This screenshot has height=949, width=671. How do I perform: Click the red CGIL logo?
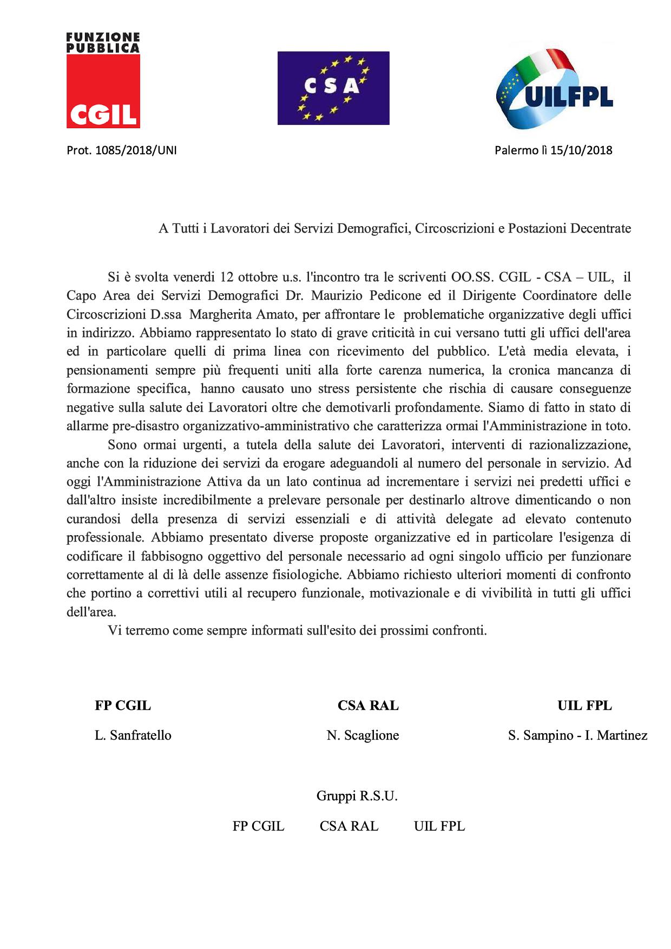[103, 81]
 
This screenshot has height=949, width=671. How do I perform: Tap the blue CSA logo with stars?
[333, 88]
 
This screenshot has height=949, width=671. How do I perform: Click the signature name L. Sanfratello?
[133, 735]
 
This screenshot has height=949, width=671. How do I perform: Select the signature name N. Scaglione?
[363, 735]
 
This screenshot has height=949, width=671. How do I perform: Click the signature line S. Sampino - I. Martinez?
[578, 735]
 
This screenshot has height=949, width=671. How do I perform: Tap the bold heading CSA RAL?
[368, 706]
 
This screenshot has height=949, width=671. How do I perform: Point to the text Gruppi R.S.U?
[357, 796]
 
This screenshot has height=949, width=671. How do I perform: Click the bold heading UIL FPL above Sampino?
[585, 706]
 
